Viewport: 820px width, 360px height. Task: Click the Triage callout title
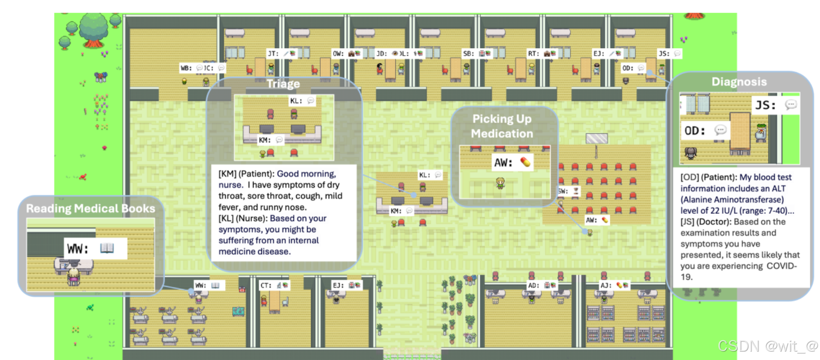(283, 84)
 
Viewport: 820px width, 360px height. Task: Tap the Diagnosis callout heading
(739, 82)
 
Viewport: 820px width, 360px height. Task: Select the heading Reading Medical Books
(91, 208)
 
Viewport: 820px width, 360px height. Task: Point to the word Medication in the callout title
(502, 134)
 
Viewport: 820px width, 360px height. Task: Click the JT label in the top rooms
(273, 54)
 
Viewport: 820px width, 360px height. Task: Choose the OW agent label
(338, 54)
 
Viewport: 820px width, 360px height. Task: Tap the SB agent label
(468, 54)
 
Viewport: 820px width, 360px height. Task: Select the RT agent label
(533, 54)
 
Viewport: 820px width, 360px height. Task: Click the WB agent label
(186, 68)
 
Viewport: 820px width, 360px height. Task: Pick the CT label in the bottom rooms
(266, 286)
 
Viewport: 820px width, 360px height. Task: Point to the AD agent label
(533, 286)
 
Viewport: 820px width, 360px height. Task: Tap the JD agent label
(381, 54)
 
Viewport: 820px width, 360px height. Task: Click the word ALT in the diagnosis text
(779, 188)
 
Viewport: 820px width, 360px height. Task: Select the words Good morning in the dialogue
(306, 174)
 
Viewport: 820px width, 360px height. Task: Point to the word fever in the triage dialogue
(230, 207)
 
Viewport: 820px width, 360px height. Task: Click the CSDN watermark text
(768, 346)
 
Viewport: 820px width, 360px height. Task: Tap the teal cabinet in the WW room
(239, 311)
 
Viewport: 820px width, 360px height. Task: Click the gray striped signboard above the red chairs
(596, 138)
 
